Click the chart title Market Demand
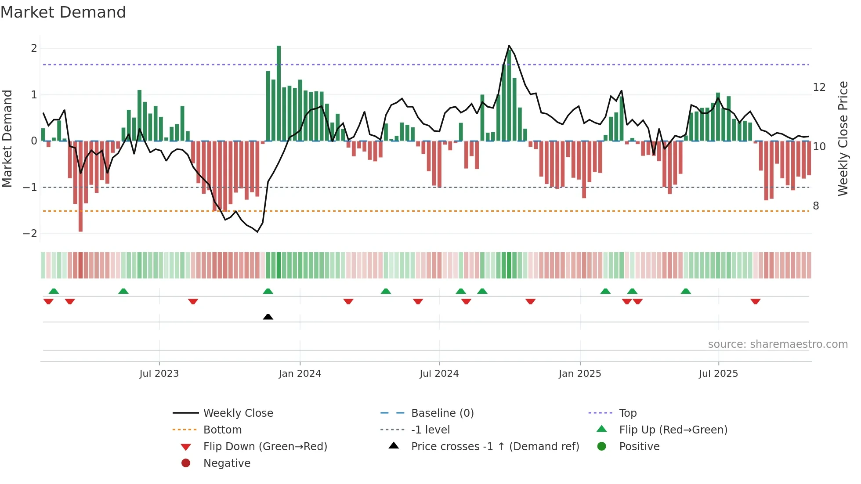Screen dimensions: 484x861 [63, 12]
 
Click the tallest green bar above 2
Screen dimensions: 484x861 [279, 92]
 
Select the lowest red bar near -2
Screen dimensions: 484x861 [80, 186]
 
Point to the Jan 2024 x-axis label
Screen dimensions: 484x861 [300, 374]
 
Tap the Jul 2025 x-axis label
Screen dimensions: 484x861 [718, 374]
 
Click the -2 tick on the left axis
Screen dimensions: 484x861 [30, 234]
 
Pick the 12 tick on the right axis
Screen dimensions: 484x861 [819, 87]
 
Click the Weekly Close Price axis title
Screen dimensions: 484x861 [843, 138]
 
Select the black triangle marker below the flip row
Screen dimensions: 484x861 [268, 317]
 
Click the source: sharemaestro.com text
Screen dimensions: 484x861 [778, 344]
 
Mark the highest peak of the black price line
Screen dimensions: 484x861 [509, 46]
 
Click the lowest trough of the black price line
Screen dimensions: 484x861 [257, 232]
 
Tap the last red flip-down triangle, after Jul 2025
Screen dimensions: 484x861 [755, 301]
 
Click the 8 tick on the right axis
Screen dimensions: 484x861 [816, 206]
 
